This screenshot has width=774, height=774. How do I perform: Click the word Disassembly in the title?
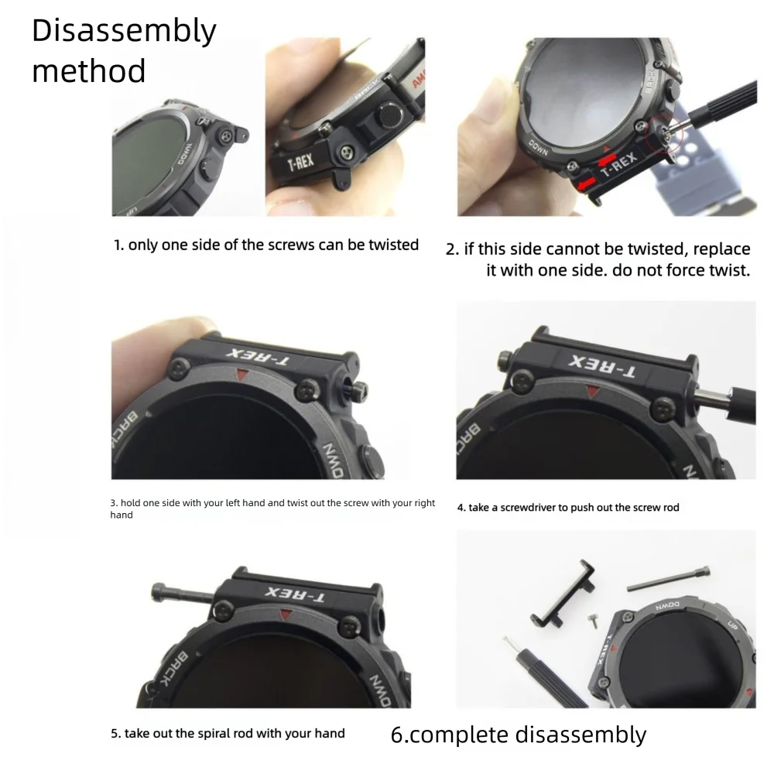(124, 32)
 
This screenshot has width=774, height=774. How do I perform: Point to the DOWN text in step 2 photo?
(539, 148)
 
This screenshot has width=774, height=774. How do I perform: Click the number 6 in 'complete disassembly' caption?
(397, 734)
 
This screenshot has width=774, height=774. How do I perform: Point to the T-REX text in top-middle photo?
(300, 164)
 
